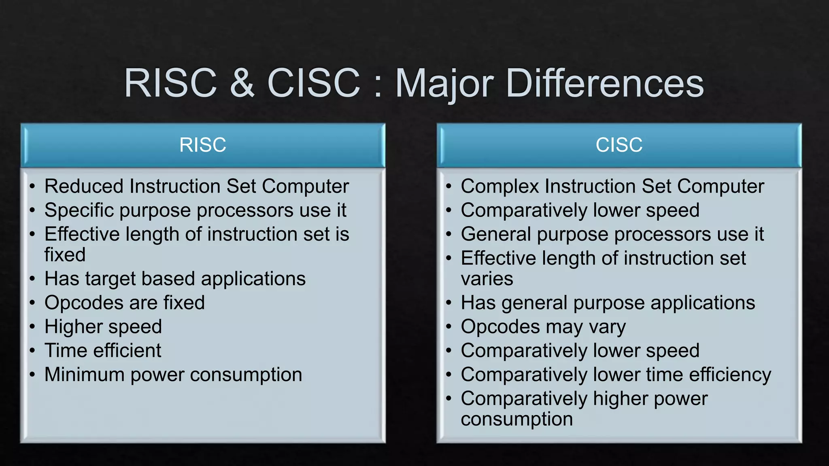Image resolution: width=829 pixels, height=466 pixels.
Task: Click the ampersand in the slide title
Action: point(242,83)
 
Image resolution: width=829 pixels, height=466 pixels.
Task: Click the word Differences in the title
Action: point(605,83)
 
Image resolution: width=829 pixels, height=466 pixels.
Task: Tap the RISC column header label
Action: point(202,145)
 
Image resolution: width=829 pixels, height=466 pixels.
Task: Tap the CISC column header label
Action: point(619,145)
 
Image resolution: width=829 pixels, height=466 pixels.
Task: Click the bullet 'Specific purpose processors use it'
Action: point(195,211)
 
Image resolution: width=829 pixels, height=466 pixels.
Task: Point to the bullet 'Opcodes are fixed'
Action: point(125,303)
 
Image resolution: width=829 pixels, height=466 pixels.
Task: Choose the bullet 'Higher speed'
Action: point(103,327)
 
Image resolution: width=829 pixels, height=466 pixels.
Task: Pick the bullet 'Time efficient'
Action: point(103,351)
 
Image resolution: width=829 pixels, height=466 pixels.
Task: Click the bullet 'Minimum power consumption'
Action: point(173,375)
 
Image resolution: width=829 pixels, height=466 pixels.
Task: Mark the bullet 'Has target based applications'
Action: point(175,279)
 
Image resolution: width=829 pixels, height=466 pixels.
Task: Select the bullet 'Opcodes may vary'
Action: point(543,327)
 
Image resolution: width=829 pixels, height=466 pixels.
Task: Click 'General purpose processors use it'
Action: point(612,235)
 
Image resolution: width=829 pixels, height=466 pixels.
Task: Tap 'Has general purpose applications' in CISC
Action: point(608,303)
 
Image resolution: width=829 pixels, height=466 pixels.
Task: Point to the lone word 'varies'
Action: point(487,279)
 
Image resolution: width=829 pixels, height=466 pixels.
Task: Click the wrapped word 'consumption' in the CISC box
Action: point(517,419)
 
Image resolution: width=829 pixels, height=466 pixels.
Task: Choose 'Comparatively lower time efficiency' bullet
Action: point(616,375)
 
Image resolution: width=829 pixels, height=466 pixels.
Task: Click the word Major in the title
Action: point(444,84)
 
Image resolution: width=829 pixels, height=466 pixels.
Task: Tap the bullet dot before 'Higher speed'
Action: point(32,327)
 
